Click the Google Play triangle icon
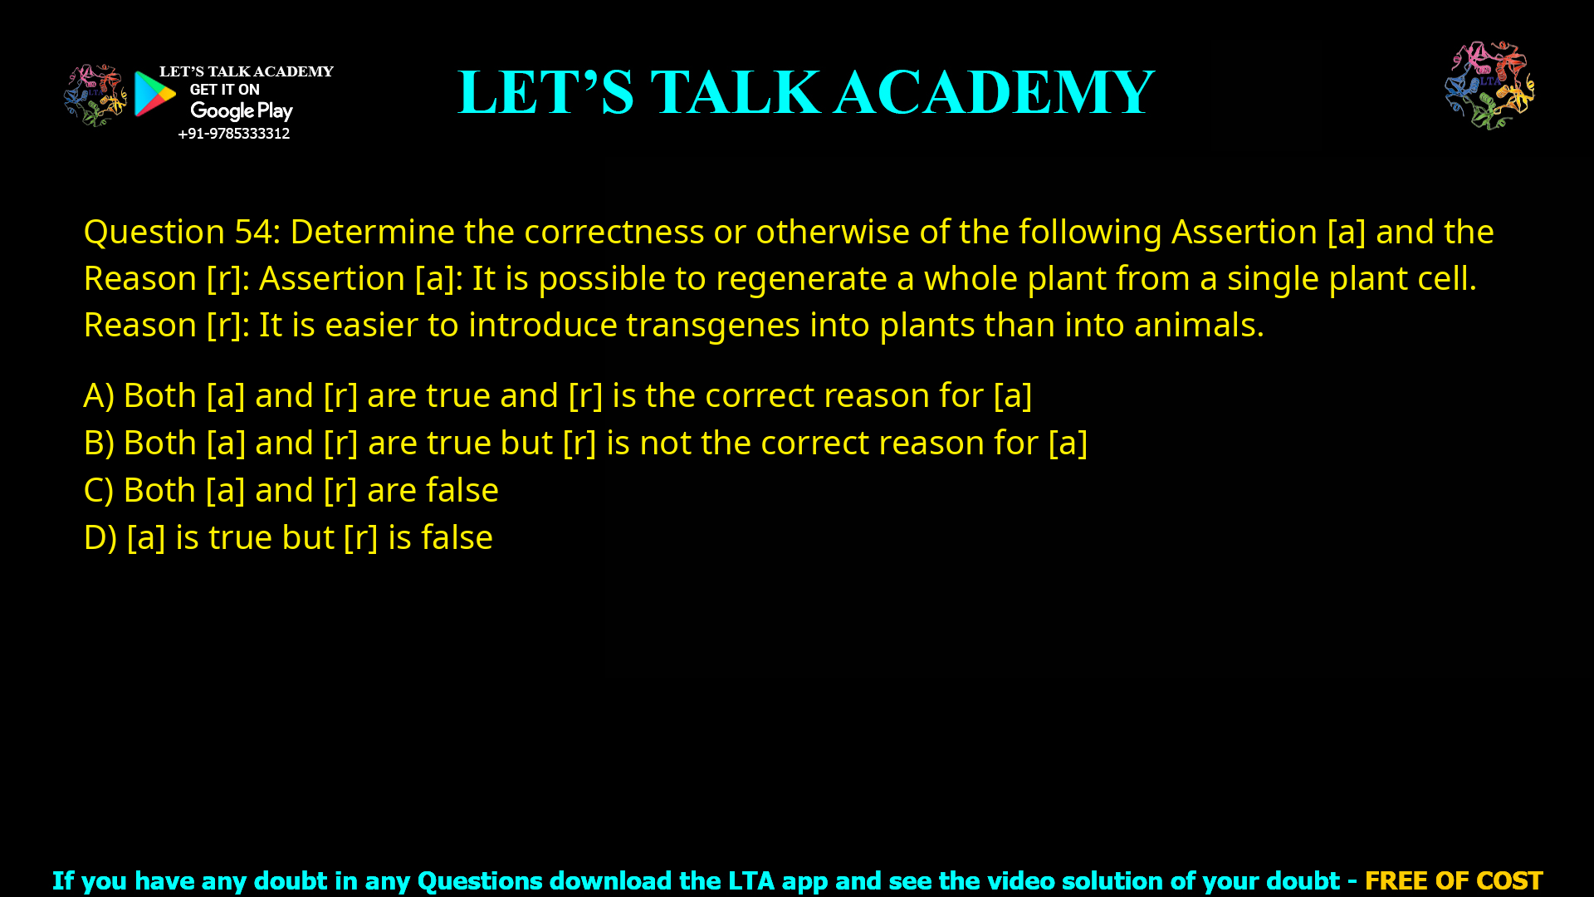(x=154, y=94)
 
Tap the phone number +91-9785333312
(x=233, y=134)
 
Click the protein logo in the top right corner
(x=1489, y=85)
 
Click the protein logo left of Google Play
(x=95, y=96)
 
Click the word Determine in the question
(x=372, y=232)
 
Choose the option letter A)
(x=99, y=396)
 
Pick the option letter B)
(x=99, y=444)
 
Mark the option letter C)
(x=99, y=491)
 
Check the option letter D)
(x=100, y=538)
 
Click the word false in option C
(x=462, y=490)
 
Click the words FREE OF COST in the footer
(x=1453, y=880)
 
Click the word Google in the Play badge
(x=222, y=111)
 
